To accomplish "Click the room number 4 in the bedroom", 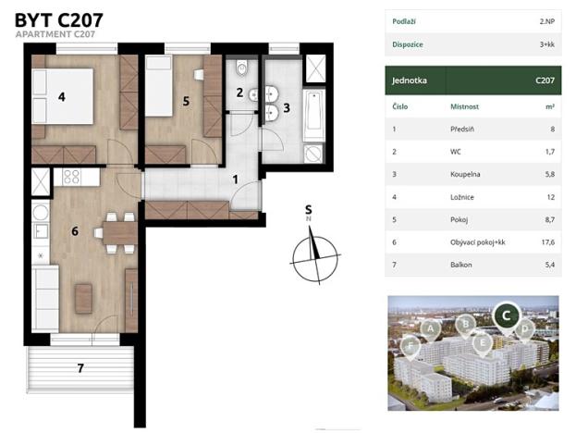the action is click(62, 97).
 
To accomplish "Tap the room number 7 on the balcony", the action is click(80, 368).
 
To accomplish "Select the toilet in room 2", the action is click(242, 67).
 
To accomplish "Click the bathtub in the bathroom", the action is click(313, 115).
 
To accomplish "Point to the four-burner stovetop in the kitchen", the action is click(72, 177).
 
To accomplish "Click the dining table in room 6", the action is click(120, 233).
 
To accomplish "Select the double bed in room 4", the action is click(63, 96).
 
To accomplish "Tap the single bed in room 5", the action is click(159, 86).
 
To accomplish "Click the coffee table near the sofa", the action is click(84, 299).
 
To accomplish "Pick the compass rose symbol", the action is click(315, 255).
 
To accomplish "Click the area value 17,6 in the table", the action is click(547, 242).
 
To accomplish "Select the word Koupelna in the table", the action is click(465, 174).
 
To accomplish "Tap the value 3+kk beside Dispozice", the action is click(547, 44).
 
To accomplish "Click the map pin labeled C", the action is click(507, 316).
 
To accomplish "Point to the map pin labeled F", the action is click(411, 346).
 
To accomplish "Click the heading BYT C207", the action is click(59, 20).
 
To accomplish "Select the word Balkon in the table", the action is click(461, 265).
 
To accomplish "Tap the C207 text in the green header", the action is click(545, 80).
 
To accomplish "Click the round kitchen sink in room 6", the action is click(41, 213).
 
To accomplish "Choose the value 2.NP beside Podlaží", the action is click(547, 21).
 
